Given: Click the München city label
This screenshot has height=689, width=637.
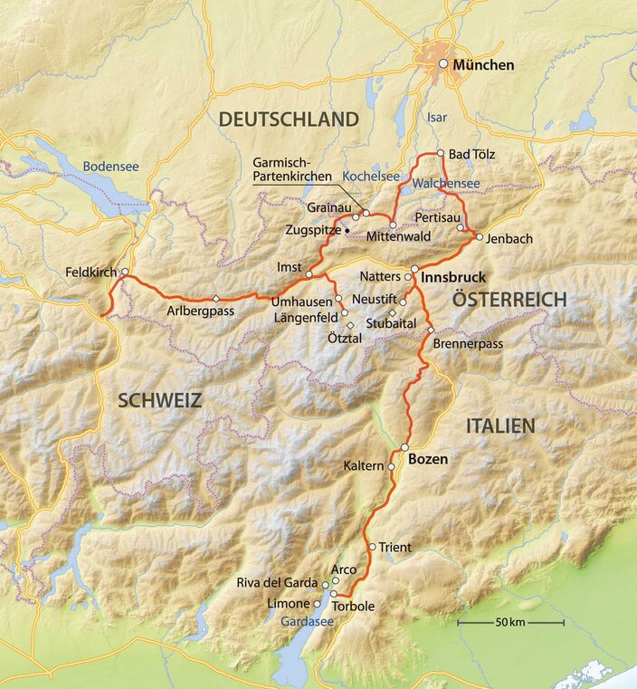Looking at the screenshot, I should coord(484,65).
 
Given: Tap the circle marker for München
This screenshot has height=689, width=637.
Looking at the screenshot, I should coord(443,64).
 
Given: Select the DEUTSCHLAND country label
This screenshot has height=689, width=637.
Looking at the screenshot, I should coord(289,119).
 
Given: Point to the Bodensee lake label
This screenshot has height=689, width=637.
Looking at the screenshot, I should coord(111,167).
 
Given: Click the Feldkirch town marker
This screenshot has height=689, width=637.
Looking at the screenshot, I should coord(125,273).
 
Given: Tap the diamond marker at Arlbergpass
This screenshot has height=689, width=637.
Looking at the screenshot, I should coord(215,299).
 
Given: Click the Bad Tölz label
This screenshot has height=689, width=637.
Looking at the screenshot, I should coord(472,155).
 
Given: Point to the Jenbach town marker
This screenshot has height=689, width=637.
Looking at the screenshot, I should coord(479,239).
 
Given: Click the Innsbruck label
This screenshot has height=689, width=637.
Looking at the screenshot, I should coord(454,276).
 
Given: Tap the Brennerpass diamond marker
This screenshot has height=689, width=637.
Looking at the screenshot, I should coord(431,329).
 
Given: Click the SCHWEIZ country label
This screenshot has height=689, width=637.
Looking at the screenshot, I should coord(158,400).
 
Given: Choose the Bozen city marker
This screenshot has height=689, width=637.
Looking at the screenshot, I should coord(404,448).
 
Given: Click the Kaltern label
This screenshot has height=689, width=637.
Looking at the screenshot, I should coord(364,466).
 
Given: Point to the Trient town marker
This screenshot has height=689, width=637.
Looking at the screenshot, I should coord(372,547).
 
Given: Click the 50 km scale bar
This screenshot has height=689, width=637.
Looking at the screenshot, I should coord(510,623).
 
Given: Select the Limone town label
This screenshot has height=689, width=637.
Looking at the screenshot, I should coord(287,604).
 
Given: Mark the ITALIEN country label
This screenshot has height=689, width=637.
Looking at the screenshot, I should coord(500,425).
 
